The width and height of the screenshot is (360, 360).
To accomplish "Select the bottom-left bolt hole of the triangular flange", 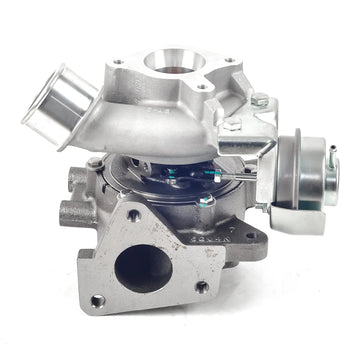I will tap(98, 299).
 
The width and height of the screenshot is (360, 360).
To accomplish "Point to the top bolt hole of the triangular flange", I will tap(133, 214).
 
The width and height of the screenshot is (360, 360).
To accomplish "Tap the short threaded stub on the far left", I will tap(70, 212).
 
